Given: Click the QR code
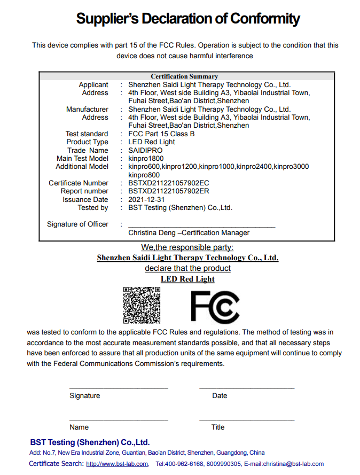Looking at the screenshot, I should tap(142, 305).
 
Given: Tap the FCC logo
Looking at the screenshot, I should tap(215, 307).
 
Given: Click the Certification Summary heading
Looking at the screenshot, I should tap(184, 76).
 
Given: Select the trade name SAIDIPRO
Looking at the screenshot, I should tap(145, 150).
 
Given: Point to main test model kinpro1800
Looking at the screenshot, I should tap(146, 158).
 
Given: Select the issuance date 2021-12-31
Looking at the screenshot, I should tap(147, 199).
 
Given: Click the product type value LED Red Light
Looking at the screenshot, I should tap(152, 142).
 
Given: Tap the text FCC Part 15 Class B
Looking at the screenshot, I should tap(161, 134).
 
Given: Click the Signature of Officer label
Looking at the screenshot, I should tap(77, 224).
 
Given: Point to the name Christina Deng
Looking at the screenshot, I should tap(152, 233).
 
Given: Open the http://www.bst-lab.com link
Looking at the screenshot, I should tap(117, 464).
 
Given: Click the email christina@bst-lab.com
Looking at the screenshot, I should tap(293, 464).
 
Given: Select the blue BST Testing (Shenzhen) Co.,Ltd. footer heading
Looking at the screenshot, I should tap(90, 442).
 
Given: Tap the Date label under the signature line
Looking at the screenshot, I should tap(220, 396).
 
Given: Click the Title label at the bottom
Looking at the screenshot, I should tap(218, 427).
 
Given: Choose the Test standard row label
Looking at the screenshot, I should tap(87, 134).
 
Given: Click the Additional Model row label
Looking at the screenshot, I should tap(82, 167).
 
